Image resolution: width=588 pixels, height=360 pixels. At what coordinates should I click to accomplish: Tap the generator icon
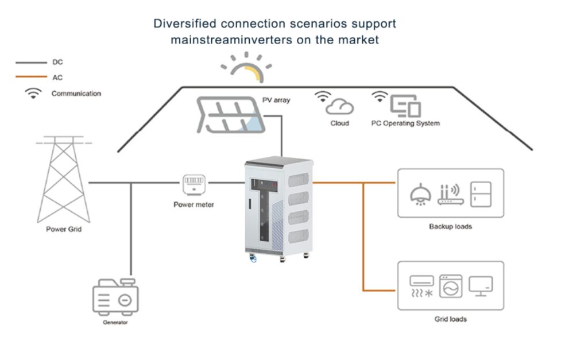tap(115, 296)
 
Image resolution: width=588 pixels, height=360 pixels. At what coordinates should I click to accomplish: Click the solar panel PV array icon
tap(231, 115)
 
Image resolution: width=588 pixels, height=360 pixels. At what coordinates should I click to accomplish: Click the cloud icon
tap(339, 106)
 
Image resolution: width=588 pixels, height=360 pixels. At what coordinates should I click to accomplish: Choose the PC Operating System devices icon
tap(405, 106)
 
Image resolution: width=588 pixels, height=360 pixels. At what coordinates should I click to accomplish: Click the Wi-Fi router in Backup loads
tap(450, 193)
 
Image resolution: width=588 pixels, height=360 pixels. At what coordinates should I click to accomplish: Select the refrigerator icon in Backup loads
tap(481, 193)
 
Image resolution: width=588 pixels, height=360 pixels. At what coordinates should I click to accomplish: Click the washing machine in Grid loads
tap(451, 286)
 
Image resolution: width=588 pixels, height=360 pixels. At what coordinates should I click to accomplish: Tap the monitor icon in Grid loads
tap(481, 285)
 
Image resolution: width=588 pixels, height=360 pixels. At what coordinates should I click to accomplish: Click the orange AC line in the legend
tap(32, 78)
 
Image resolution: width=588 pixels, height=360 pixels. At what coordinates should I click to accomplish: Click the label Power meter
tap(194, 204)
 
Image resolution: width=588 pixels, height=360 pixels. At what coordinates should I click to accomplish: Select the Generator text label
tap(115, 323)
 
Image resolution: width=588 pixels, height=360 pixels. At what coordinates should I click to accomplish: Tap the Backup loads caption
tap(450, 226)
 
